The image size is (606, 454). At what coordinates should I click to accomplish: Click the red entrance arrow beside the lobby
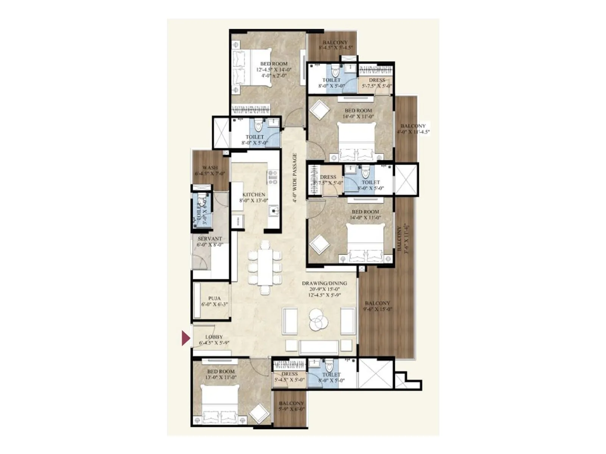click(185, 338)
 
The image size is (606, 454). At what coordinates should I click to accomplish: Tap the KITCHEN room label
click(254, 194)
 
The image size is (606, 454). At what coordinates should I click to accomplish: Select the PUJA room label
click(214, 298)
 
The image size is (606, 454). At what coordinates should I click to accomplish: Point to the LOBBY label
click(214, 337)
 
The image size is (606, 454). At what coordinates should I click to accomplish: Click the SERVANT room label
click(210, 239)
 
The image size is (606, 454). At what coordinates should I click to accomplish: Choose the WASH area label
click(210, 168)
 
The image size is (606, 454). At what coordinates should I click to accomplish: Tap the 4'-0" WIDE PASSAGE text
click(295, 178)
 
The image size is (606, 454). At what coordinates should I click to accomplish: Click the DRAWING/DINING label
click(324, 283)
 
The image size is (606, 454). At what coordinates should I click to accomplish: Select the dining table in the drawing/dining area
click(265, 268)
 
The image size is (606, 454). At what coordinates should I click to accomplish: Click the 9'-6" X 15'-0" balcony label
click(377, 303)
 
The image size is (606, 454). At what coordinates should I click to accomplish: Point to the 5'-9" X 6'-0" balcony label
click(291, 403)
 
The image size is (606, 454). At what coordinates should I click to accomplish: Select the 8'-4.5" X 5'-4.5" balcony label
click(335, 43)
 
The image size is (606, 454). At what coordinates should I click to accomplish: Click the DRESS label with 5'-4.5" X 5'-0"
click(289, 374)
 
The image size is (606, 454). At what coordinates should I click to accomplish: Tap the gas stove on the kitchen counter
click(273, 177)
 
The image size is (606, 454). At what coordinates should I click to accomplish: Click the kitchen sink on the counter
click(273, 211)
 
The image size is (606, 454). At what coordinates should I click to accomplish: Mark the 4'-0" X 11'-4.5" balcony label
click(413, 126)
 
